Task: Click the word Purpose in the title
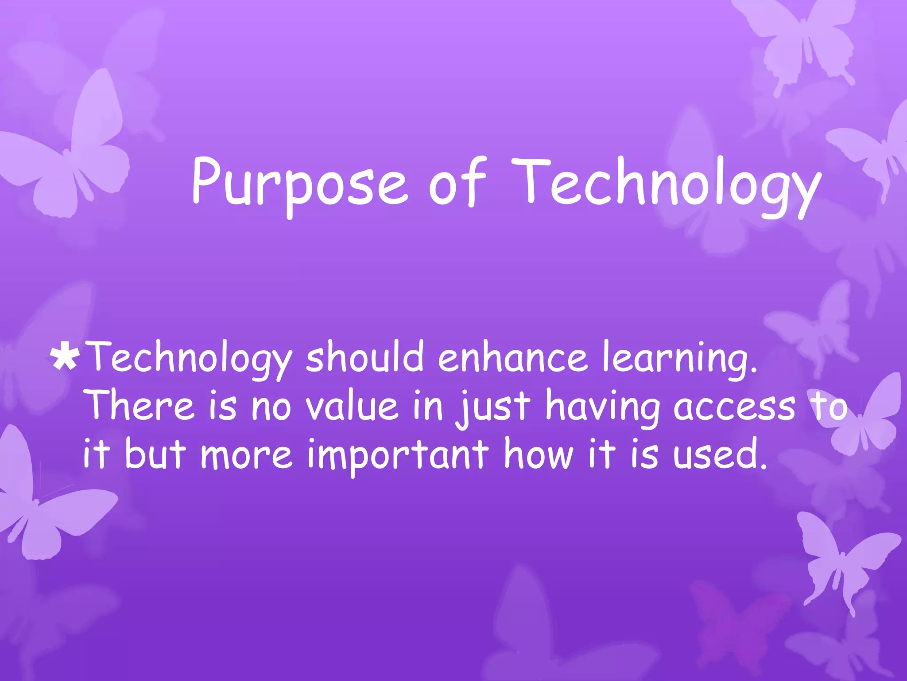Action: coord(299,184)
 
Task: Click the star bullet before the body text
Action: coord(66,358)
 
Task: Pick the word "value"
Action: coord(353,406)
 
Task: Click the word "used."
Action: coord(720,454)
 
